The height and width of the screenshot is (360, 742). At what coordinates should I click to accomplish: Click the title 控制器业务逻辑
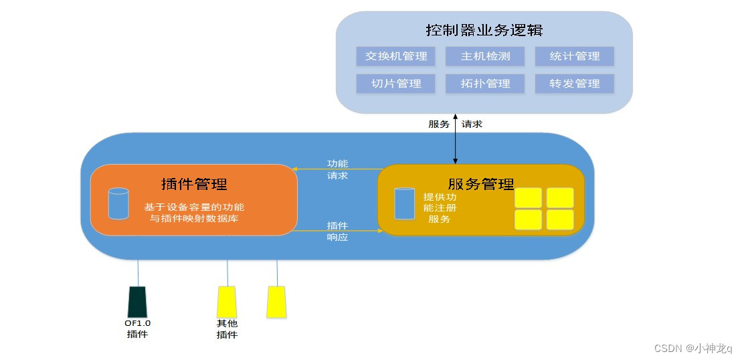click(x=484, y=31)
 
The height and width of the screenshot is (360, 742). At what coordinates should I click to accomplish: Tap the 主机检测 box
click(x=485, y=56)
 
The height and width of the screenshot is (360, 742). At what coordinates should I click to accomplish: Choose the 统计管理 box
click(x=574, y=56)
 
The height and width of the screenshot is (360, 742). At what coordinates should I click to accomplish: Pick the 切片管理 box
click(x=396, y=84)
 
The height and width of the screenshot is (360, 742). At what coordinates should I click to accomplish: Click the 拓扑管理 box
click(x=485, y=84)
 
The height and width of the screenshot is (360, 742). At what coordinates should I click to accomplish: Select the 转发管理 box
click(x=574, y=84)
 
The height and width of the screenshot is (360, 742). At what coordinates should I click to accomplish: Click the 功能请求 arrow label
click(x=337, y=170)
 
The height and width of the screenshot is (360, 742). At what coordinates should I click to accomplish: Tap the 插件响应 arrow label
click(x=337, y=231)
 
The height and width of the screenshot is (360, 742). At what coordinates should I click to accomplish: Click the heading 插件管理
click(x=194, y=184)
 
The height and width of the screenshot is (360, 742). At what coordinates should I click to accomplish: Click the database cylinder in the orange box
click(x=118, y=203)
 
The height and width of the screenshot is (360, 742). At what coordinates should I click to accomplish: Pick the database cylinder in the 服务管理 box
click(x=404, y=203)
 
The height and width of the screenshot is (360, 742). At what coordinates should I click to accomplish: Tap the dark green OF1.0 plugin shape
click(x=137, y=302)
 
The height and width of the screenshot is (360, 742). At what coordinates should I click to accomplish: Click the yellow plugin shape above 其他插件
click(x=226, y=302)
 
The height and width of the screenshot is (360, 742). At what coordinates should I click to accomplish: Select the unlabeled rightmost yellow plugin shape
click(x=276, y=302)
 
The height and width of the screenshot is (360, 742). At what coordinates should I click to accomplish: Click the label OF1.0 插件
click(x=137, y=329)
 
